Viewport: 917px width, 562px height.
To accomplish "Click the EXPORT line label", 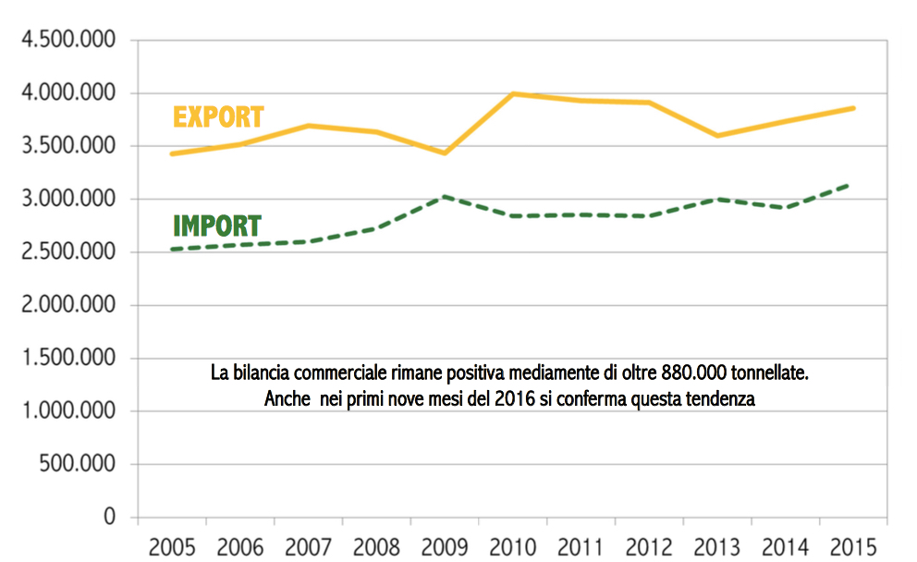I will click(x=218, y=117).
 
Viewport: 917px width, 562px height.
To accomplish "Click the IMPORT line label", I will click(x=217, y=226).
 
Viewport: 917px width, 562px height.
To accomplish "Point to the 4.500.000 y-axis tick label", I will click(x=69, y=41).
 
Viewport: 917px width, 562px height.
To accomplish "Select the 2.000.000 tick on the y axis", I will click(x=69, y=305).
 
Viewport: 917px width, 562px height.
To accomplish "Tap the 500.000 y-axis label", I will click(x=78, y=464).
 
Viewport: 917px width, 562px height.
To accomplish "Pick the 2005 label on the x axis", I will click(x=172, y=545).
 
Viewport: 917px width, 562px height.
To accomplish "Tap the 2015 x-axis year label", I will click(x=854, y=545).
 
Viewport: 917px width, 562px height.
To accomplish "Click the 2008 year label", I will click(x=376, y=545).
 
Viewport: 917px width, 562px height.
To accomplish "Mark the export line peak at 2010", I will click(x=513, y=93).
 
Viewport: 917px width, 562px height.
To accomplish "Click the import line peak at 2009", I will click(x=445, y=196).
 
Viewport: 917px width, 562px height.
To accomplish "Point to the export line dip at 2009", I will click(x=445, y=153).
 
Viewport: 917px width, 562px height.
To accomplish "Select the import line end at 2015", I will click(x=850, y=185).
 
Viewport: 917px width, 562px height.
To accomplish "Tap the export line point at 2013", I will click(x=717, y=136).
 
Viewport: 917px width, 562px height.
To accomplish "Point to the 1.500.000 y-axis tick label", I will click(x=69, y=358).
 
